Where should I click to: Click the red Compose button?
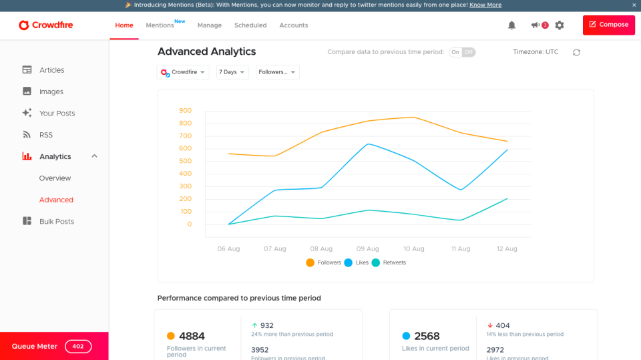[x=608, y=25]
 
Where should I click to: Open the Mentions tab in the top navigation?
[x=160, y=25]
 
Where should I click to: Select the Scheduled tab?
[x=250, y=25]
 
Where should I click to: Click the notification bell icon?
[x=511, y=25]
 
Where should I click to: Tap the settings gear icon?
[x=560, y=25]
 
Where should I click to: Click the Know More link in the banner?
[x=485, y=5]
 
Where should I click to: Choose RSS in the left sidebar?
[x=45, y=135]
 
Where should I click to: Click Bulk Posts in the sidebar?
[x=57, y=222]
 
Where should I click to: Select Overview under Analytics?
[x=55, y=178]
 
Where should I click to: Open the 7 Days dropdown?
[x=232, y=72]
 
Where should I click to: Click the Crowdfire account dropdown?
[x=183, y=72]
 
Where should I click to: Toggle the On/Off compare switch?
[x=462, y=52]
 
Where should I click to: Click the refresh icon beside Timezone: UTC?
[x=576, y=52]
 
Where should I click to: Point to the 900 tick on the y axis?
[x=185, y=111]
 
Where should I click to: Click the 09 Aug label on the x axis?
[x=367, y=249]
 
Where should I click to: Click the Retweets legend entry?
[x=389, y=263]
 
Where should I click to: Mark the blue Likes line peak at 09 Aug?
[x=368, y=144]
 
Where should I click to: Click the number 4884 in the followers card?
[x=192, y=336]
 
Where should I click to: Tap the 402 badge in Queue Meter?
[x=78, y=347]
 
